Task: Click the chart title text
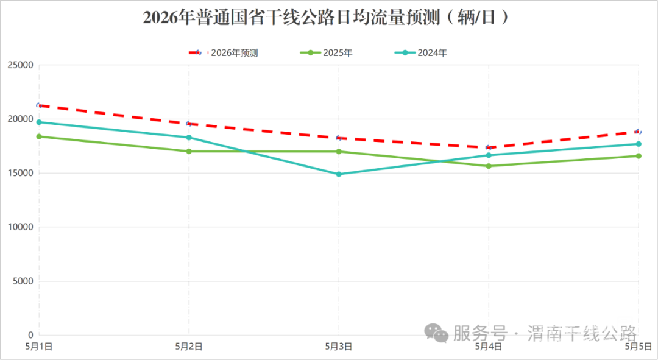[327, 18]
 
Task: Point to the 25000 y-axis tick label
[20, 65]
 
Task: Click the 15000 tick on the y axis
[20, 174]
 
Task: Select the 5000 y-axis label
[23, 281]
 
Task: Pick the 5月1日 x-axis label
[38, 347]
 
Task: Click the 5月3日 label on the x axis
[339, 347]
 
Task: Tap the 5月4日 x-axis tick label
[489, 347]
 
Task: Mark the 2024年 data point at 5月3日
[339, 174]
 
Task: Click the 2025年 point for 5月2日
[189, 151]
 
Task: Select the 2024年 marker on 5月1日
[39, 122]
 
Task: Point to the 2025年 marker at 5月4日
[489, 166]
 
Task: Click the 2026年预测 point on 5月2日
[189, 124]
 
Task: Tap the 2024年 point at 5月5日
[639, 144]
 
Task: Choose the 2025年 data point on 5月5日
[639, 156]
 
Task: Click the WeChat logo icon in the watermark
[436, 333]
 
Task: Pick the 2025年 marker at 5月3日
[339, 152]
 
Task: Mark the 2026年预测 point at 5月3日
[339, 138]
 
